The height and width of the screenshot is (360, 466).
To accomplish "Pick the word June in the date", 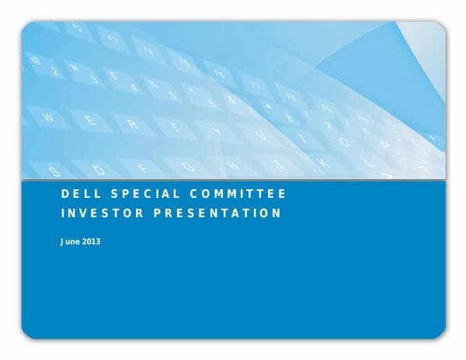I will (71, 241).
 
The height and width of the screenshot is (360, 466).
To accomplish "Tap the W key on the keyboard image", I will (49, 118).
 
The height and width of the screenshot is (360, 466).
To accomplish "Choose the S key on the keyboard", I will (54, 170).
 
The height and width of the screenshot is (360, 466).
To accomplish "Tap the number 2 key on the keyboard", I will (54, 71).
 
